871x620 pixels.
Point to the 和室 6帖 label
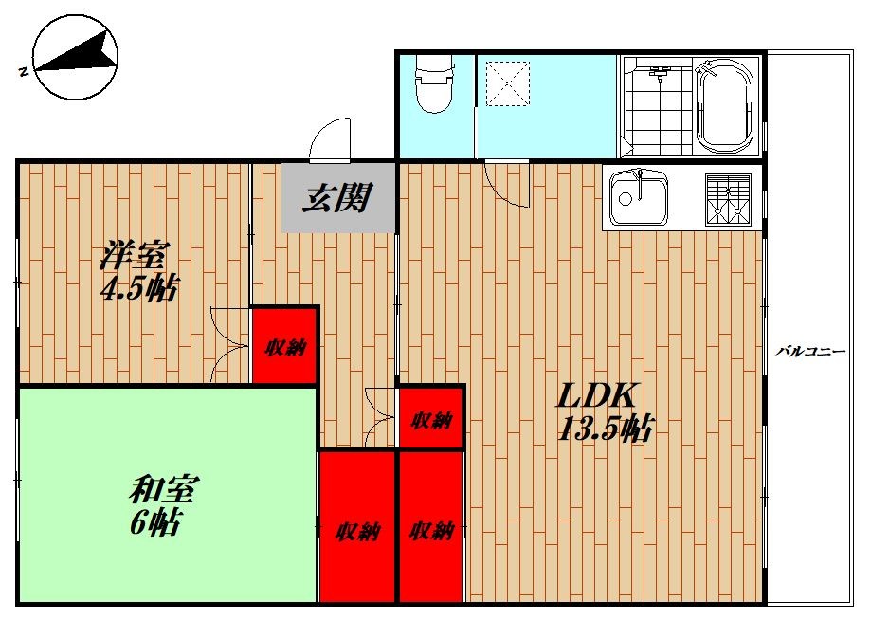[x=156, y=506]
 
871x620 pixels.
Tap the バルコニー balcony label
[x=809, y=350]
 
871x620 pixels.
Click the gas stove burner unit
[x=727, y=198]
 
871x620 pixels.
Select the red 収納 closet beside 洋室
[x=284, y=346]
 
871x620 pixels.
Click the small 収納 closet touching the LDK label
[x=431, y=419]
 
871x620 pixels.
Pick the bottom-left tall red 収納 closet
[x=357, y=528]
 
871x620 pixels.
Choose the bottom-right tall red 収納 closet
[x=432, y=528]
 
